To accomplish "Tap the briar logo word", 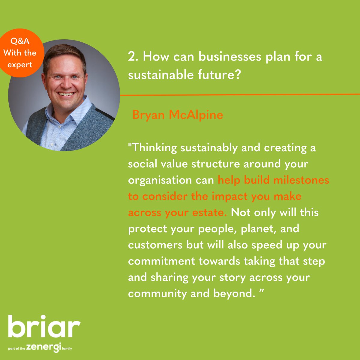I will (44, 327).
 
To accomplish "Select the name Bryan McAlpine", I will (178, 115).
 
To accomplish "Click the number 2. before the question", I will (133, 57).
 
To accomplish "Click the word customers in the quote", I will (155, 245).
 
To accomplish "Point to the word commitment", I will (161, 261).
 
